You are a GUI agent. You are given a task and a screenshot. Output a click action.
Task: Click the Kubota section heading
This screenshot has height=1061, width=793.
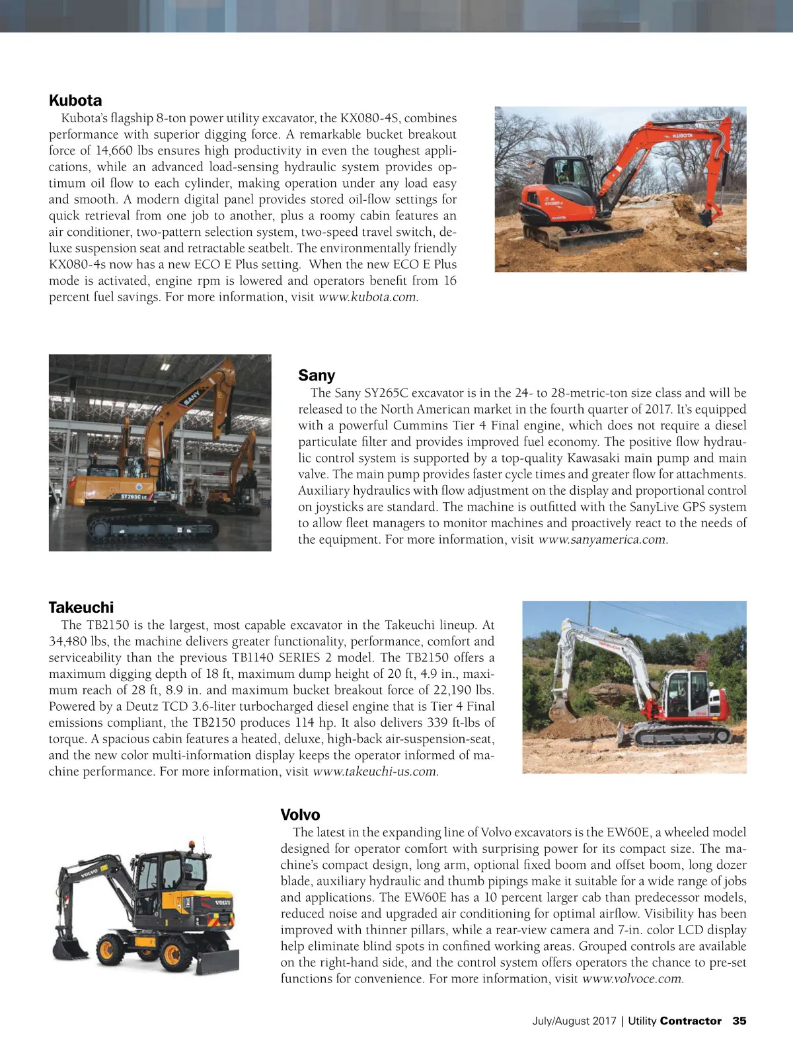click(x=75, y=100)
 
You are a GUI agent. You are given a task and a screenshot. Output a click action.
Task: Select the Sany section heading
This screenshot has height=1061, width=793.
click(x=317, y=375)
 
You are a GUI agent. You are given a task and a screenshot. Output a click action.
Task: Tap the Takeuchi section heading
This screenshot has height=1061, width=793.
click(x=81, y=607)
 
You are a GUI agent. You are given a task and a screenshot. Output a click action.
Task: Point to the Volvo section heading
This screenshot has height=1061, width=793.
click(x=300, y=815)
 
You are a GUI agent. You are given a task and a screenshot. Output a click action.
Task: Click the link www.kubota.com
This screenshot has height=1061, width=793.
click(x=368, y=297)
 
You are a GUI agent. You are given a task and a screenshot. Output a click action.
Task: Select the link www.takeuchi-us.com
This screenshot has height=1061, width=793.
click(x=375, y=772)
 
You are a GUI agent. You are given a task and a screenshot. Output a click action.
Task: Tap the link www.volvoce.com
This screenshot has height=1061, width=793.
click(x=632, y=979)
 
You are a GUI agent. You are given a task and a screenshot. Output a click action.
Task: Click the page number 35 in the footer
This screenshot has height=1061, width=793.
click(x=739, y=1021)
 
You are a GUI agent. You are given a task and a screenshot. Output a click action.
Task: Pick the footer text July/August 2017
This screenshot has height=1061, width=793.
click(x=574, y=1021)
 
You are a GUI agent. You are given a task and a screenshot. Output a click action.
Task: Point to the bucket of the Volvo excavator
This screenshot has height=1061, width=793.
click(x=70, y=949)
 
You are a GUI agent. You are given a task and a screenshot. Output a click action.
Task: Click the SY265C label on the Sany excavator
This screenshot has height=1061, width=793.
click(x=135, y=496)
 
